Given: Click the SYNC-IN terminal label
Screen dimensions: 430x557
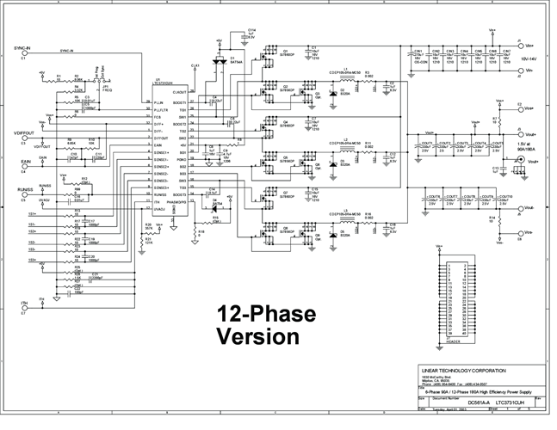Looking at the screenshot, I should [x=22, y=49].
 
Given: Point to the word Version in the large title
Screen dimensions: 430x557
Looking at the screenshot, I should [x=258, y=335].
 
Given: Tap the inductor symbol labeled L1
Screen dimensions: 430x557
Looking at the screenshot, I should [x=345, y=75].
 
